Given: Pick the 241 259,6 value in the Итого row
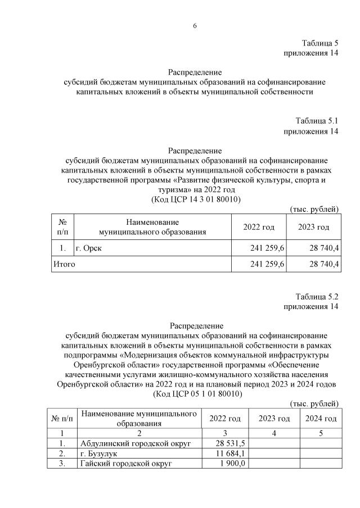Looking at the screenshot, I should click(x=263, y=264).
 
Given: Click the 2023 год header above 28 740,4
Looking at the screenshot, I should click(x=314, y=227).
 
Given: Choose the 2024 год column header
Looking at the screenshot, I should click(x=321, y=419).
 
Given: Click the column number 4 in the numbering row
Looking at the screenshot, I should click(x=274, y=433).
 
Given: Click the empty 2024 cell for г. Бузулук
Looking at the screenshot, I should click(x=321, y=453).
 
